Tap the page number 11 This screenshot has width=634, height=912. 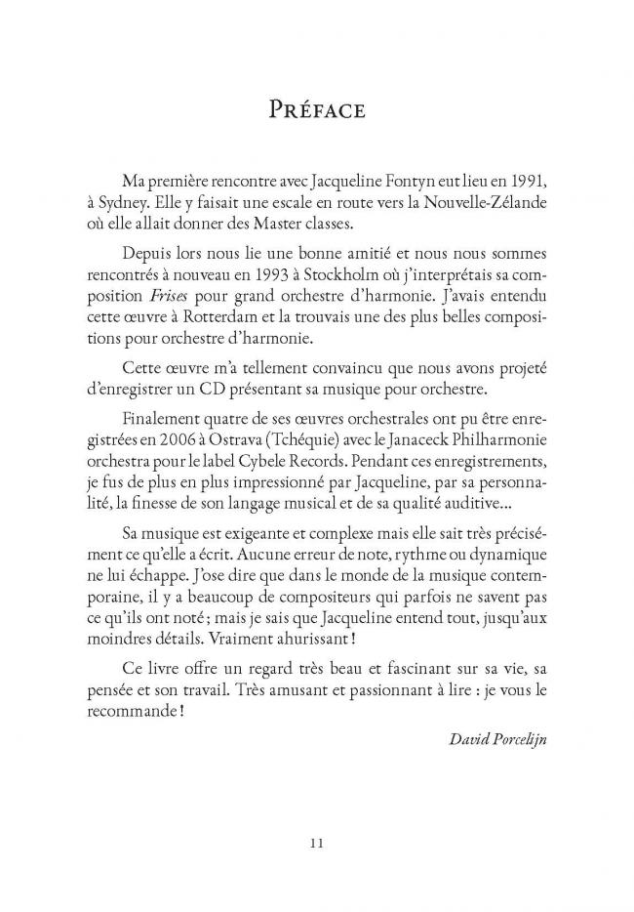pyautogui.click(x=317, y=843)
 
